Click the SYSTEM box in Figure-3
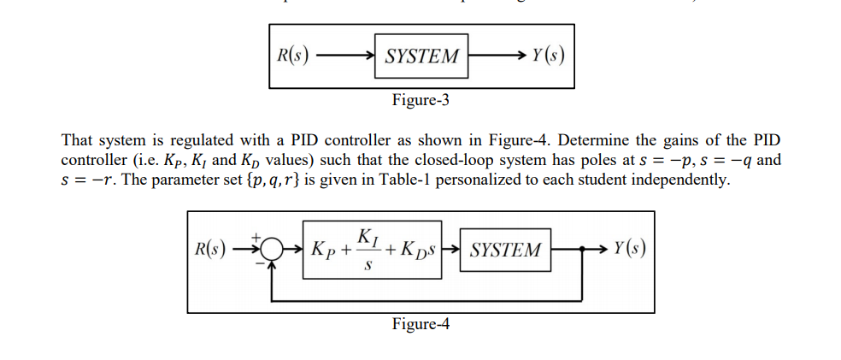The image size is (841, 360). pos(421,57)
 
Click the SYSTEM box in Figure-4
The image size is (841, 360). pos(506,251)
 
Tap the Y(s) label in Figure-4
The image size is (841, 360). pos(630,250)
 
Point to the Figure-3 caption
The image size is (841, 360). pos(420,101)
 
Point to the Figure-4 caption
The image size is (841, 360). pos(420,324)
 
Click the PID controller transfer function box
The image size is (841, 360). pos(378,251)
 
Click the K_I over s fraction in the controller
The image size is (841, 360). pos(367,251)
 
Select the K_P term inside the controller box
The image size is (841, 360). pos(325,251)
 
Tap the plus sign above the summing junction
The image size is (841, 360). pos(255,236)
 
